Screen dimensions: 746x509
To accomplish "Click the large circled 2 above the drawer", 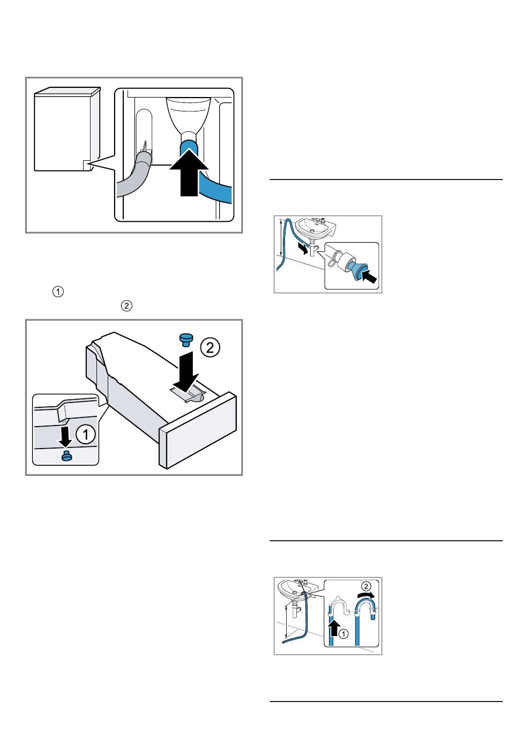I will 210,348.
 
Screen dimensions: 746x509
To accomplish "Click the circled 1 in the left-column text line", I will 58,292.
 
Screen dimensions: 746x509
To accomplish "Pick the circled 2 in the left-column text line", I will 126,306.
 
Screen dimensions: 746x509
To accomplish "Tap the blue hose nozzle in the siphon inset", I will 355,267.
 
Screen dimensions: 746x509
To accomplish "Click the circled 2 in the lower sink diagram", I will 365,586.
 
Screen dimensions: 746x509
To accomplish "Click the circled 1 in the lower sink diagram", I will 344,633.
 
